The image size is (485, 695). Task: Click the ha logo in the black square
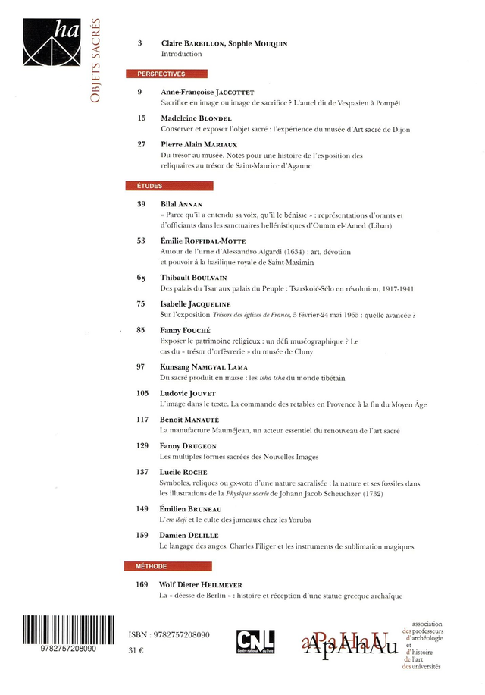[x=50, y=42]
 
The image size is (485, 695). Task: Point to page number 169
[x=142, y=584]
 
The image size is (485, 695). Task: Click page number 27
[x=141, y=144]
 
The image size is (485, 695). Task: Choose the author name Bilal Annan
[x=181, y=204]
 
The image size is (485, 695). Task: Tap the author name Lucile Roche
[x=183, y=472]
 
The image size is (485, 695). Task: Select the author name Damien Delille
[x=189, y=536]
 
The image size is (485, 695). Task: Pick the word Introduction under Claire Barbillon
[x=181, y=55]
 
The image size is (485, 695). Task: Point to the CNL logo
[x=255, y=641]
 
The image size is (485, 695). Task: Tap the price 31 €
[x=136, y=650]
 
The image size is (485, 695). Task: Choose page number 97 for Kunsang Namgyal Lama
[x=141, y=366]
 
